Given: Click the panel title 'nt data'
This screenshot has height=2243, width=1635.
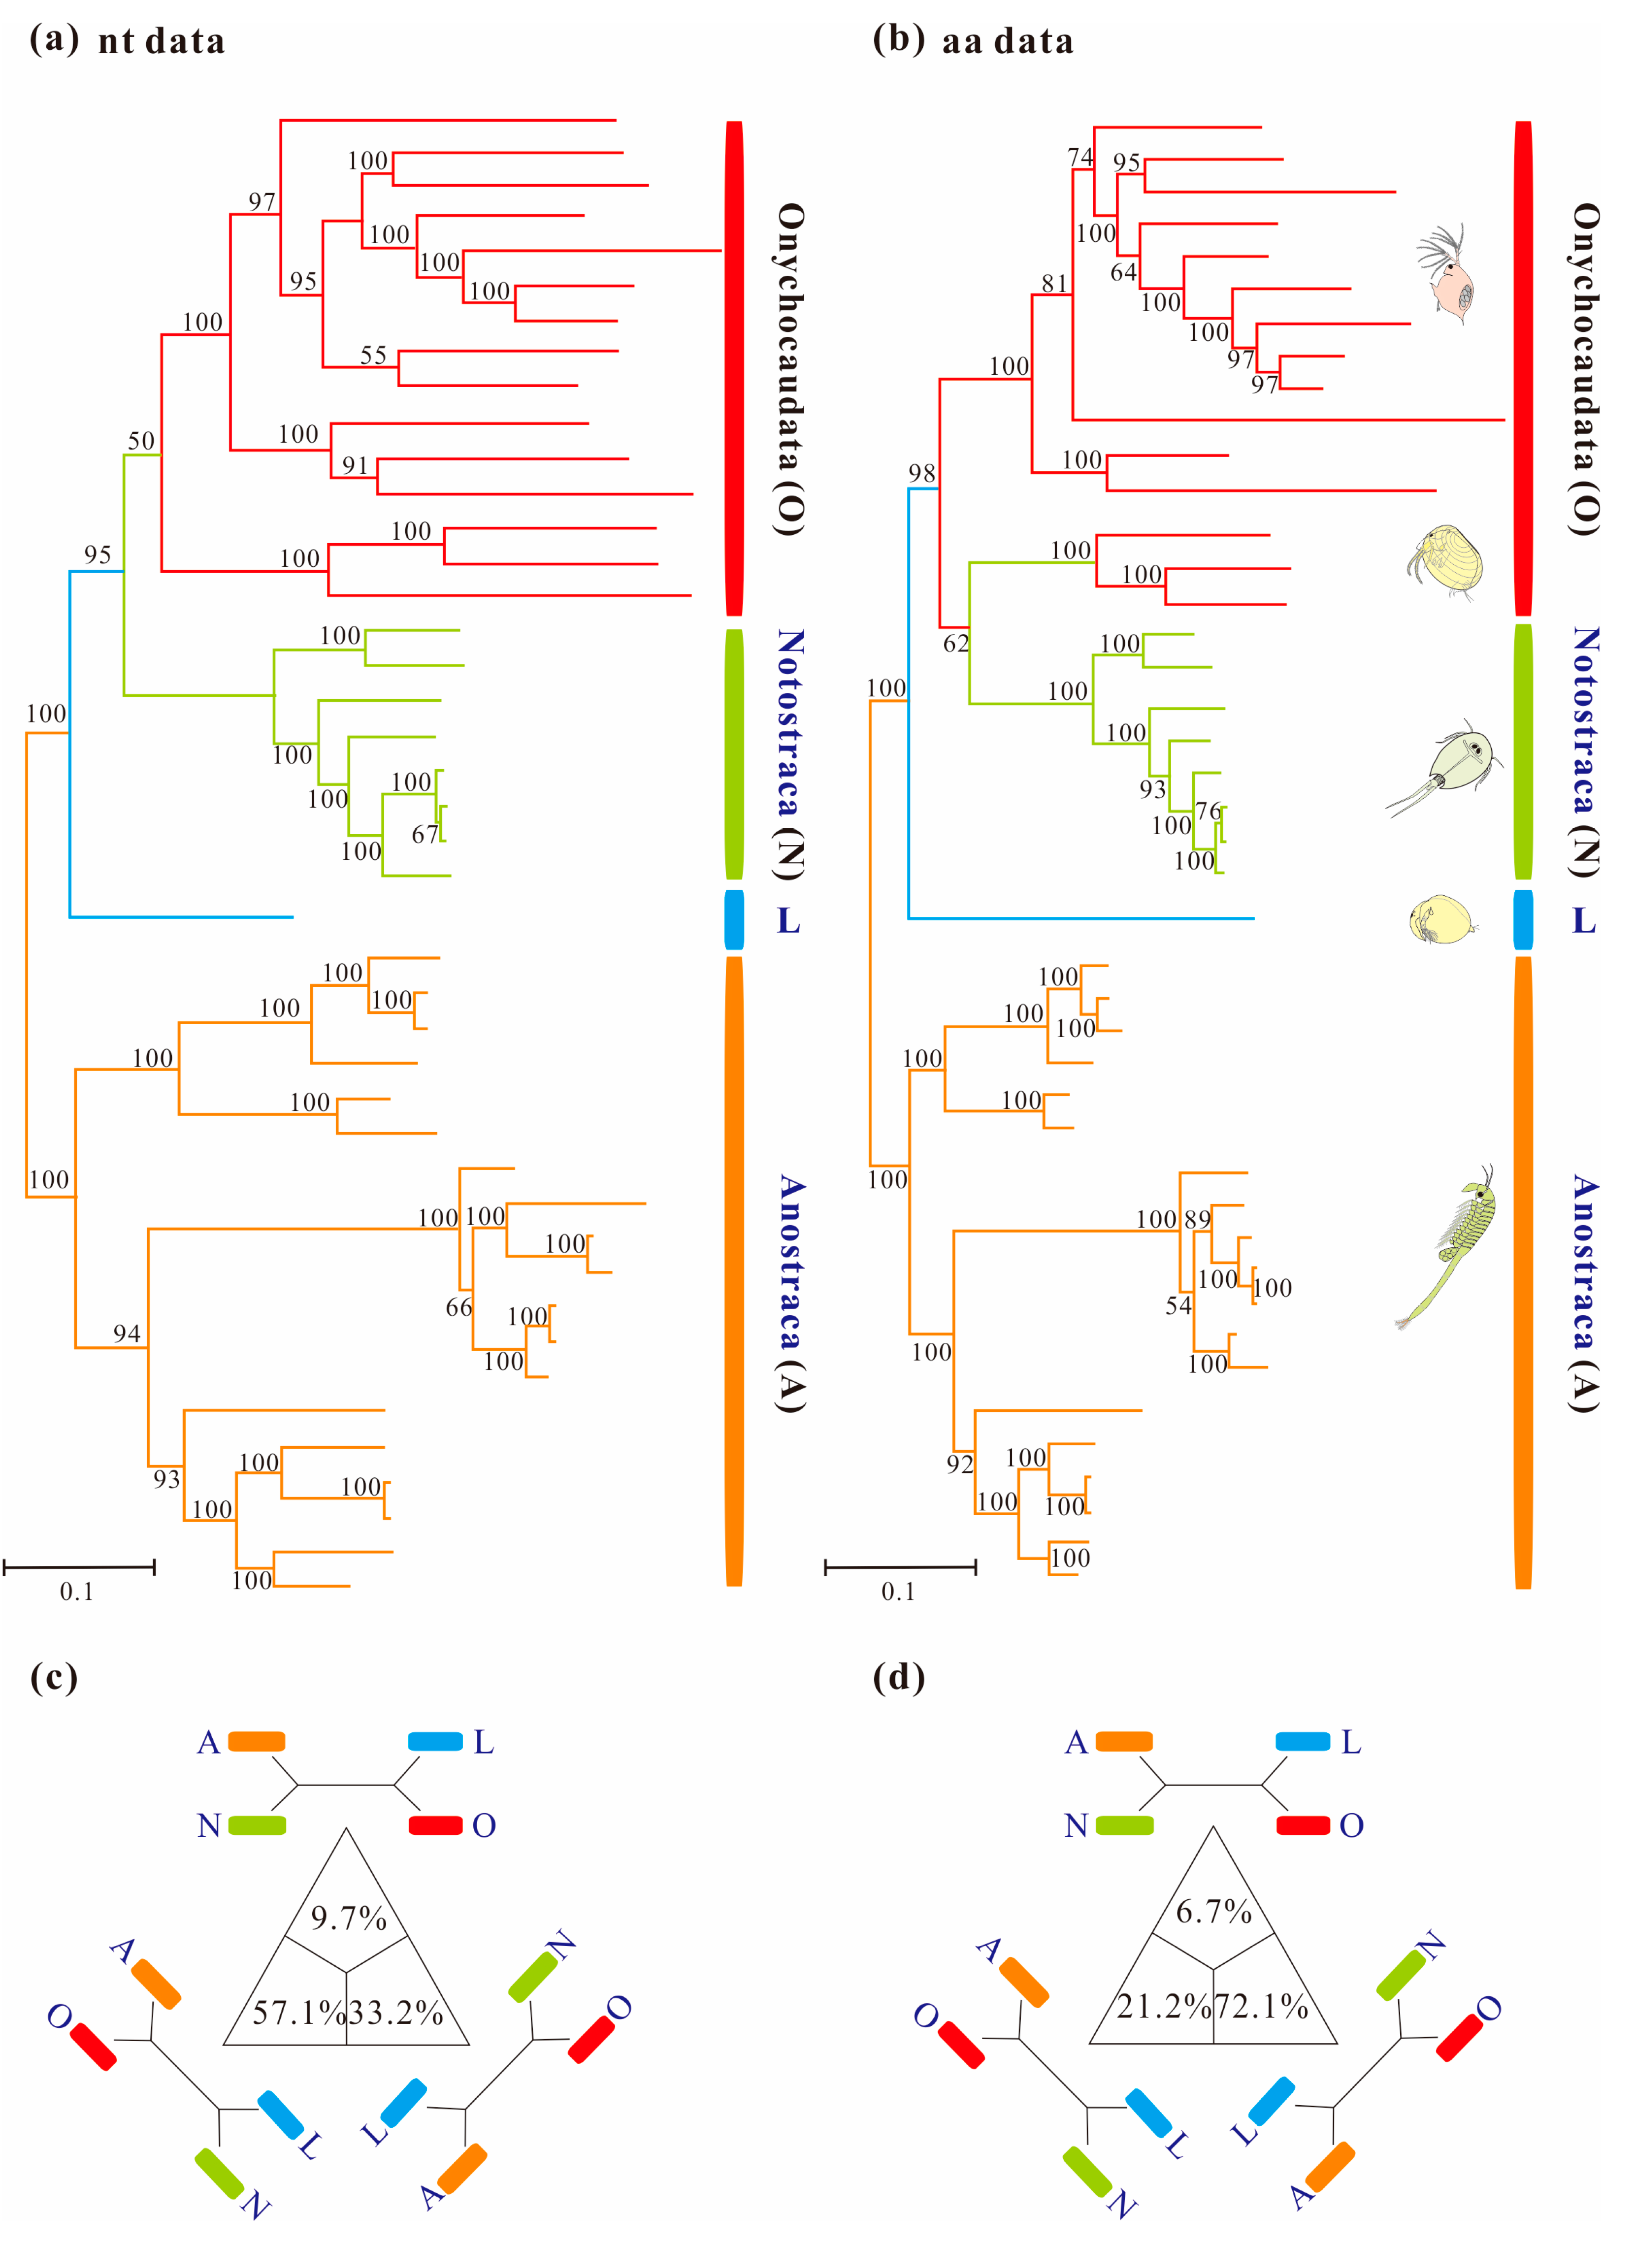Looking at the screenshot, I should pos(162,41).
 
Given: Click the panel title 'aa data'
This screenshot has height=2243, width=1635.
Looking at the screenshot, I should pos(1008,41).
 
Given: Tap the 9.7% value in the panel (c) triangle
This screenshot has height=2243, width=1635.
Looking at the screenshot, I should pos(348,1918).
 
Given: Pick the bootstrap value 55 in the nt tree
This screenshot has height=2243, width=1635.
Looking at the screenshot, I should pos(373,355).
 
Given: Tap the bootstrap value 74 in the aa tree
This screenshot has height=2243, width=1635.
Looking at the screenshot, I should pos(1080,157).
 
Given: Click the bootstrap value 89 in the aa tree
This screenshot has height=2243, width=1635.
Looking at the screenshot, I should pos(1198,1219).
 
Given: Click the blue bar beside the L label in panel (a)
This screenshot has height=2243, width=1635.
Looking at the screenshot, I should pos(733,919).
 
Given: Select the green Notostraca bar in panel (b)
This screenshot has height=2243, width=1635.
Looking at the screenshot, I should pos(1523,752).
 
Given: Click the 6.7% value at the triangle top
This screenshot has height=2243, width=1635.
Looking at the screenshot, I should pos(1213,1912).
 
